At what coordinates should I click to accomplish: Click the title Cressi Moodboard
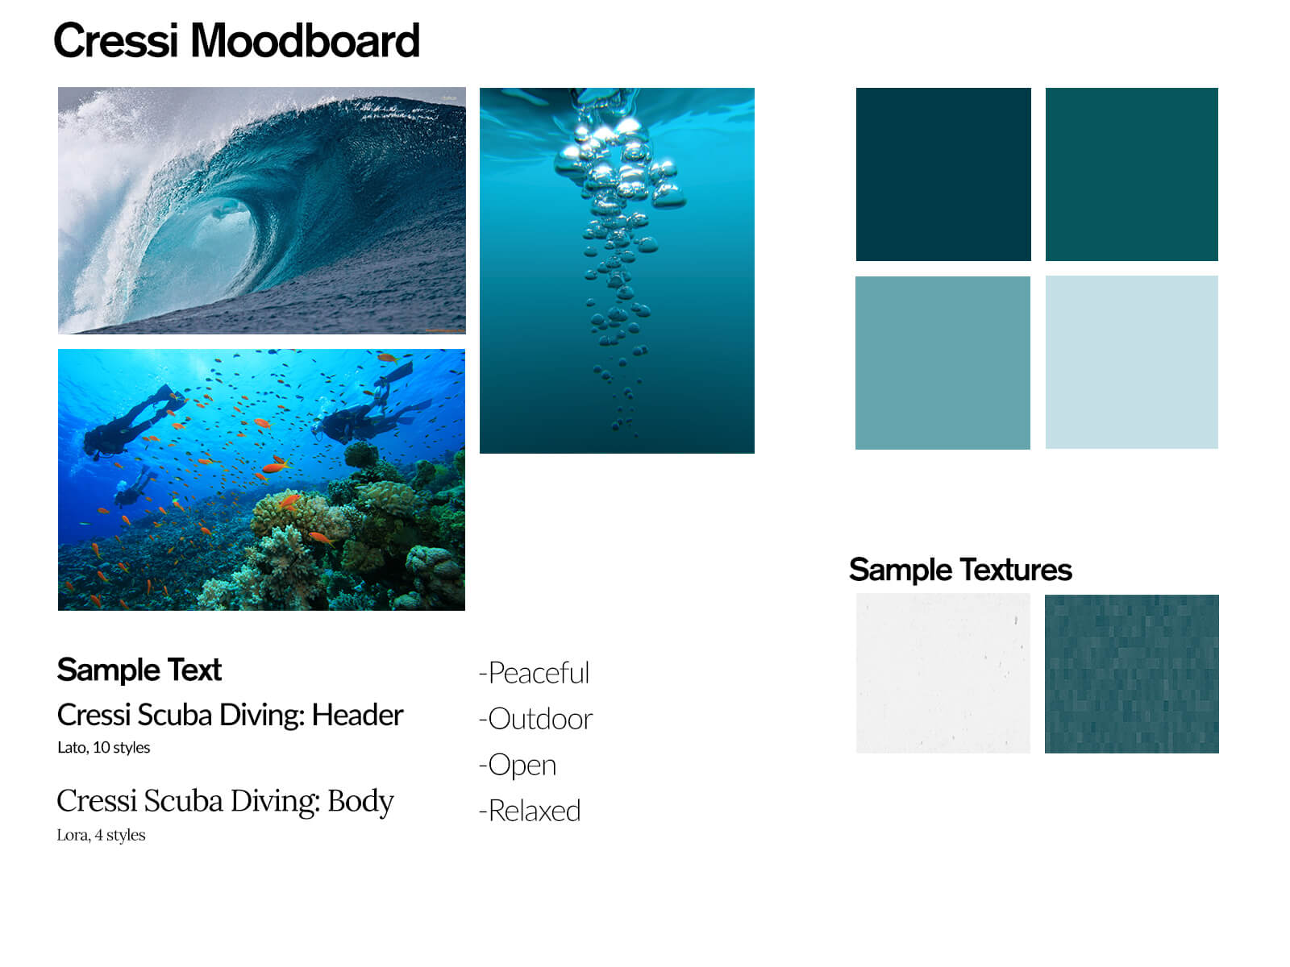[x=236, y=40]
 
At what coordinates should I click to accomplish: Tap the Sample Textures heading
[x=959, y=570]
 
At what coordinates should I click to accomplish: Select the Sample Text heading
[x=139, y=670]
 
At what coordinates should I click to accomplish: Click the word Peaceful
[x=539, y=673]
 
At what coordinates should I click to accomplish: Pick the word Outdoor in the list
[x=540, y=719]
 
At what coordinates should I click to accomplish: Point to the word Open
[x=522, y=765]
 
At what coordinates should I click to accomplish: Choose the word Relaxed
[x=535, y=811]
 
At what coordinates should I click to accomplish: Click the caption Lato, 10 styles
[x=103, y=748]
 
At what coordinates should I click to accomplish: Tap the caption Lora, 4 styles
[x=101, y=835]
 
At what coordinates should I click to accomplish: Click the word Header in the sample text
[x=357, y=715]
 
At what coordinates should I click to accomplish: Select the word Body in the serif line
[x=360, y=802]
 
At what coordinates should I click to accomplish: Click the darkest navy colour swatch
[x=943, y=174]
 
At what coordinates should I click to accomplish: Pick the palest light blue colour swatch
[x=1131, y=363]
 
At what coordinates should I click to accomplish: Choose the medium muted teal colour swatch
[x=943, y=363]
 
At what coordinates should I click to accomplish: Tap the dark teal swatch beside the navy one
[x=1131, y=174]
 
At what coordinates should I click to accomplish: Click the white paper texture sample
[x=943, y=674]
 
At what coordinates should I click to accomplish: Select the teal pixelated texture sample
[x=1131, y=674]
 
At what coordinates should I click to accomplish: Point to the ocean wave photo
[x=261, y=211]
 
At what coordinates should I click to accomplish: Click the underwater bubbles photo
[x=617, y=271]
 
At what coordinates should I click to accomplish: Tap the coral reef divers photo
[x=261, y=479]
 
